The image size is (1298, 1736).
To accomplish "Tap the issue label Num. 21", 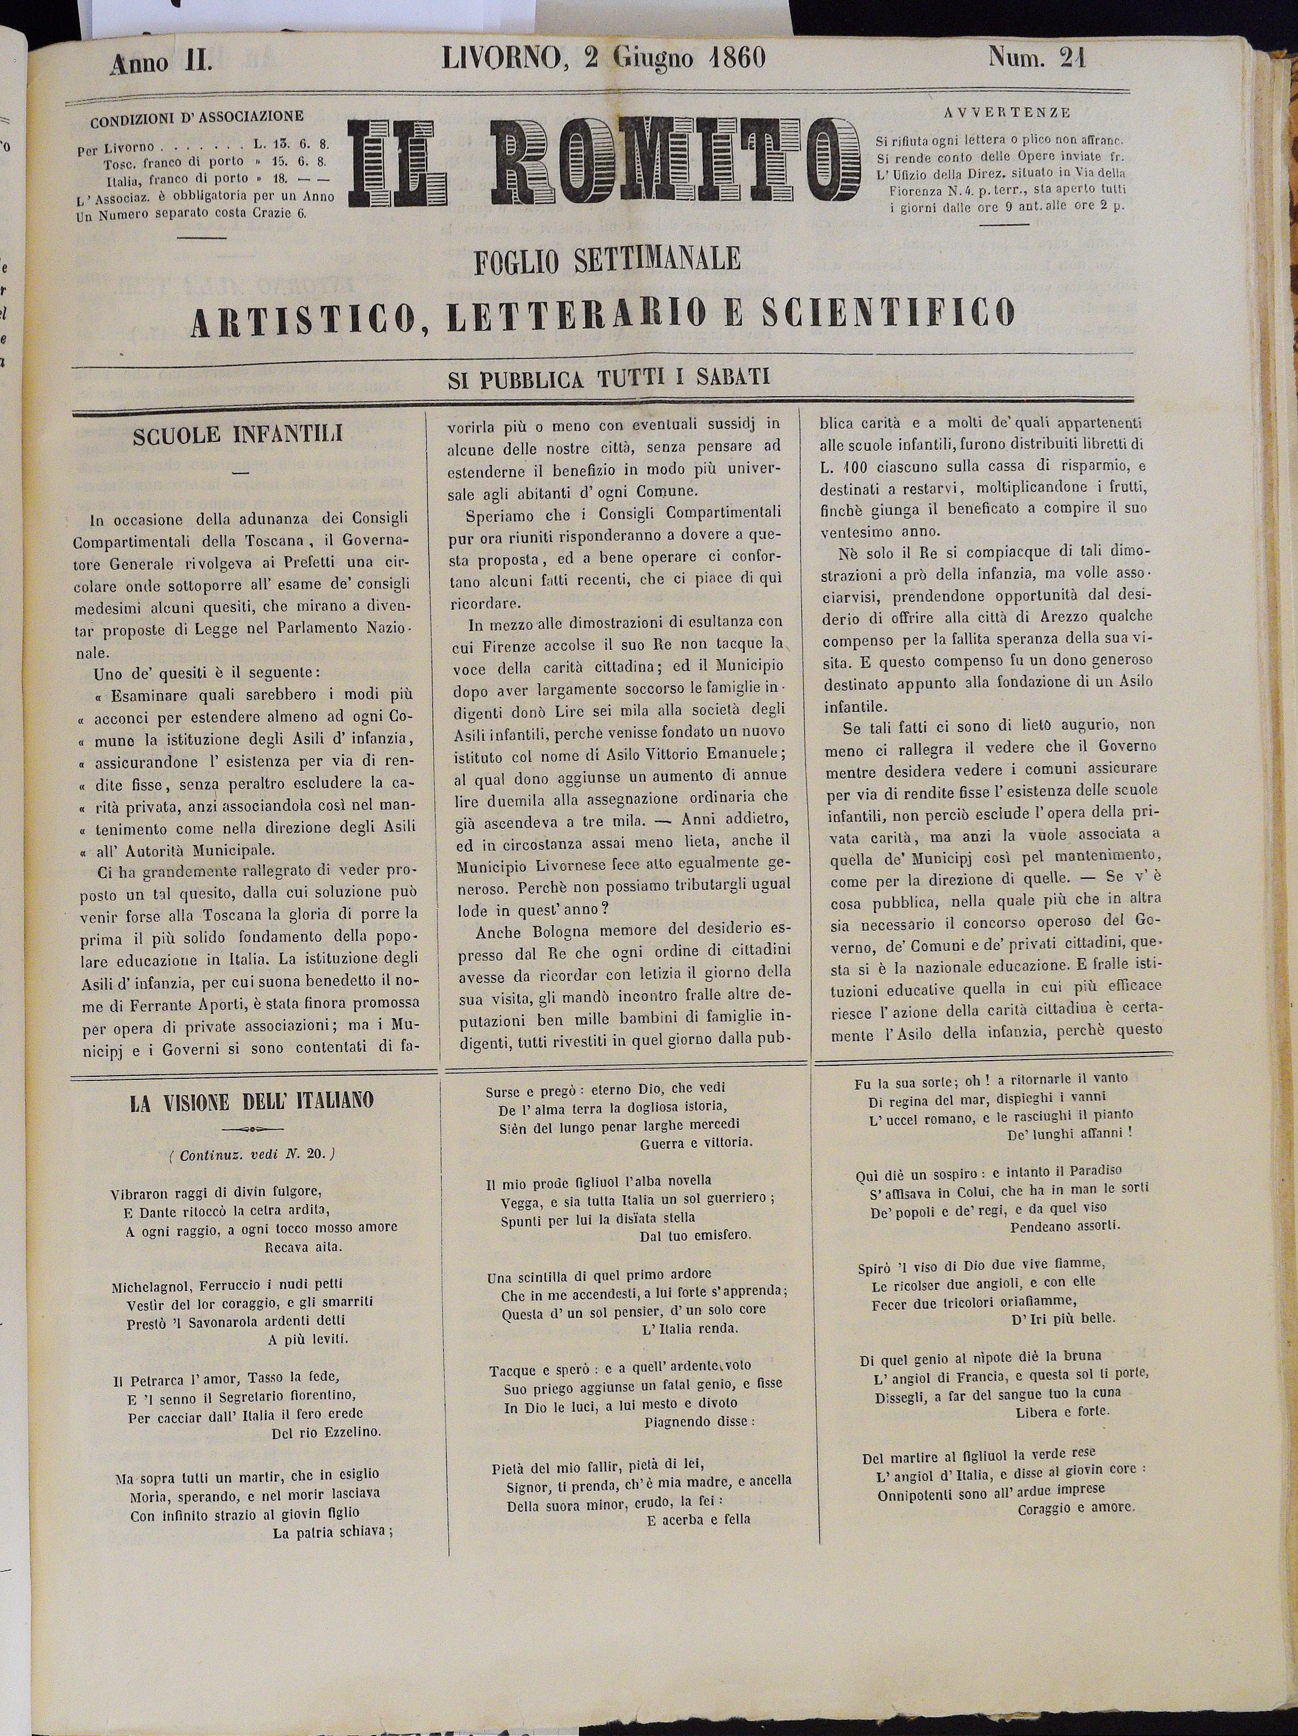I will point(1037,59).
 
